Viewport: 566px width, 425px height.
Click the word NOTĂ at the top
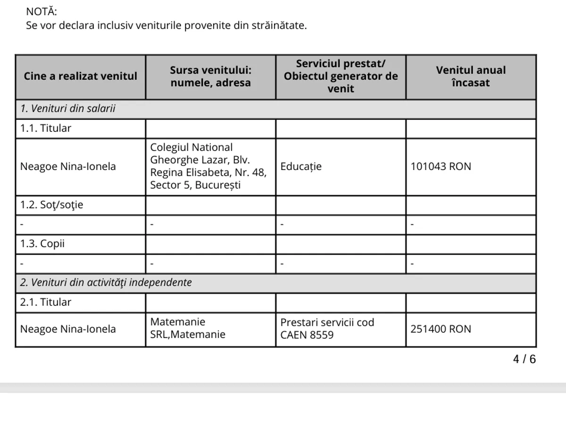point(41,12)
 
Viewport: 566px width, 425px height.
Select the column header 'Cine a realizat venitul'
point(81,76)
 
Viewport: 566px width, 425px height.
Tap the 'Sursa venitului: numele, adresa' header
point(210,76)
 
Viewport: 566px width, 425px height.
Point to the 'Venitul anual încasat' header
point(470,76)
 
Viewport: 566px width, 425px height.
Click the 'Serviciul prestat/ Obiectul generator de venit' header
point(341,76)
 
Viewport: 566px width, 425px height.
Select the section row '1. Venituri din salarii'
point(68,109)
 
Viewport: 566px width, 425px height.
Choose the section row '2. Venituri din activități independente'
point(106,283)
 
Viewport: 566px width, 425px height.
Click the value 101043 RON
point(441,167)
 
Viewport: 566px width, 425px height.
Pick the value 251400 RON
point(441,329)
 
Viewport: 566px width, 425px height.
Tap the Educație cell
point(301,167)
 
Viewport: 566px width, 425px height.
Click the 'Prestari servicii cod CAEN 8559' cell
point(327,329)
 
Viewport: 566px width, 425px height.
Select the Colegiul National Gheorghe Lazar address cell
point(208,167)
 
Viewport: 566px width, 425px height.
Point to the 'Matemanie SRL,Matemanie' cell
point(188,329)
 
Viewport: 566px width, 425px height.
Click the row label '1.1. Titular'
point(46,128)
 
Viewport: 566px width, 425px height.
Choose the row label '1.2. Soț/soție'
point(51,205)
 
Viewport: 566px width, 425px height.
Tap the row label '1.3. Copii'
point(42,244)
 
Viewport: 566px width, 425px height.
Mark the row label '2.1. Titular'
point(46,302)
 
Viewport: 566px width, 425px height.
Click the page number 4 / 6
point(524,359)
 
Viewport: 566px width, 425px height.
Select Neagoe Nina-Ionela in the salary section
point(67,167)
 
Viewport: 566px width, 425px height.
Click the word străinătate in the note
point(278,25)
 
